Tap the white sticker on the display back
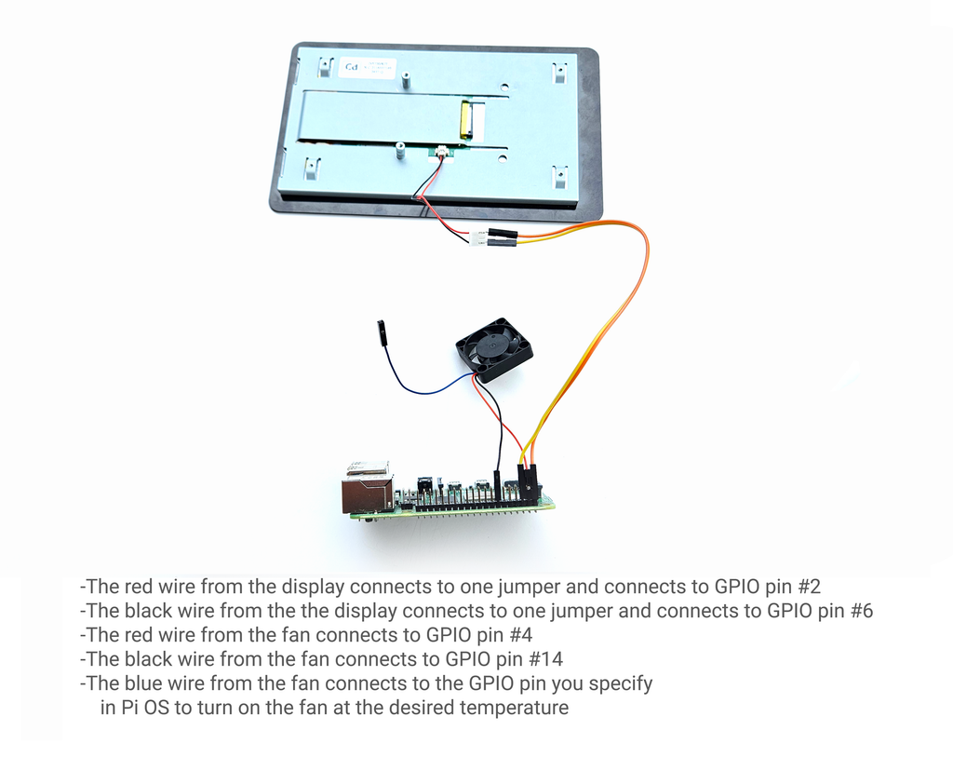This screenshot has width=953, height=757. [x=367, y=67]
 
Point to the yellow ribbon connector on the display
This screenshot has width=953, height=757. [x=465, y=117]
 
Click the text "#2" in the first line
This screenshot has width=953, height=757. [x=809, y=587]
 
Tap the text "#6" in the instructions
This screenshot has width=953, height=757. [x=861, y=611]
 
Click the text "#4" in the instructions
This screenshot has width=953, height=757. [x=520, y=635]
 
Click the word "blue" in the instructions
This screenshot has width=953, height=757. [x=143, y=683]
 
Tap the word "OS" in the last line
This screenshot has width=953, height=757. [x=156, y=708]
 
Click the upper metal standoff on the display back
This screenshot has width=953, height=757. [x=404, y=78]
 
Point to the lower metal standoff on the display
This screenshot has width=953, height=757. [x=400, y=150]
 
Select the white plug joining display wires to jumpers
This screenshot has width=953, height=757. [x=477, y=237]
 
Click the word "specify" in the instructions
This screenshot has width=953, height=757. [x=621, y=684]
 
